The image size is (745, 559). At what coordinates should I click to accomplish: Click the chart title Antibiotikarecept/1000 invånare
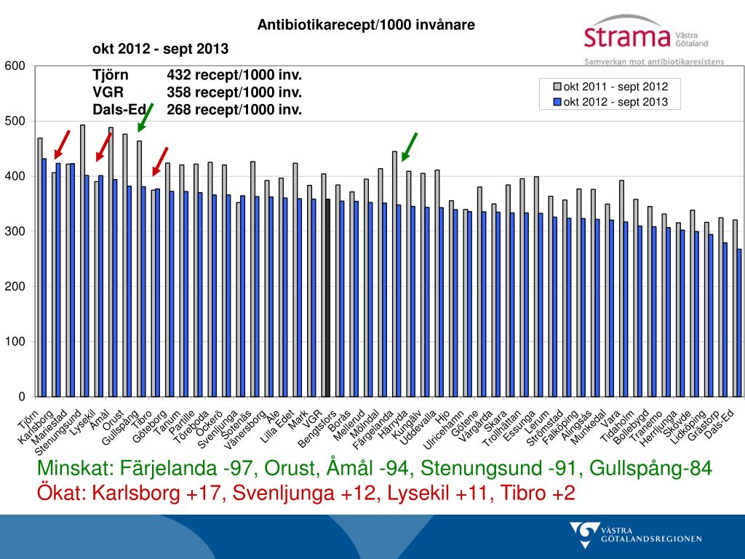(366, 25)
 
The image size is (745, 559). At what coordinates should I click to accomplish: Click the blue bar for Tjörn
(44, 277)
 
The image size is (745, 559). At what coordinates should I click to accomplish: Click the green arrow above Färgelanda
(410, 146)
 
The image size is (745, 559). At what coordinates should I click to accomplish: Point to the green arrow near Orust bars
(146, 118)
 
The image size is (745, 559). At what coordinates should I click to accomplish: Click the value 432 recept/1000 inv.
(234, 74)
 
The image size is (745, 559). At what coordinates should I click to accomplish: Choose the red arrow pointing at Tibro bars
(160, 161)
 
